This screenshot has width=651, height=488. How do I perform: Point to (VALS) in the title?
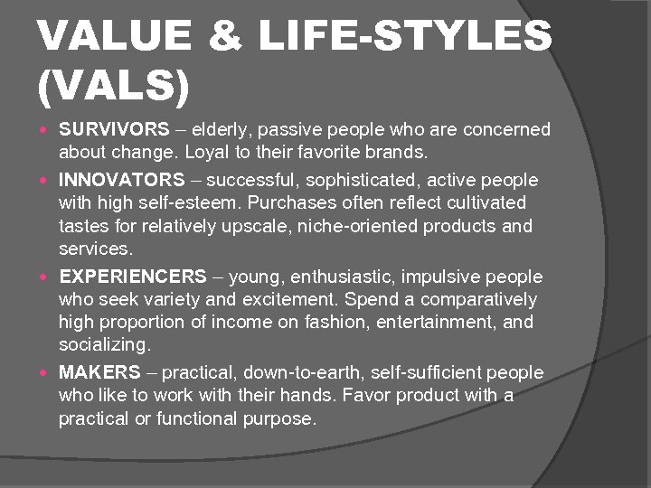114,87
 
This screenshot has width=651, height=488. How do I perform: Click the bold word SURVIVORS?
114,129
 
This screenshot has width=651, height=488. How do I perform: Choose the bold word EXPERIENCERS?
133,277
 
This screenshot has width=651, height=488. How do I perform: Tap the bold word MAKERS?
99,372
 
